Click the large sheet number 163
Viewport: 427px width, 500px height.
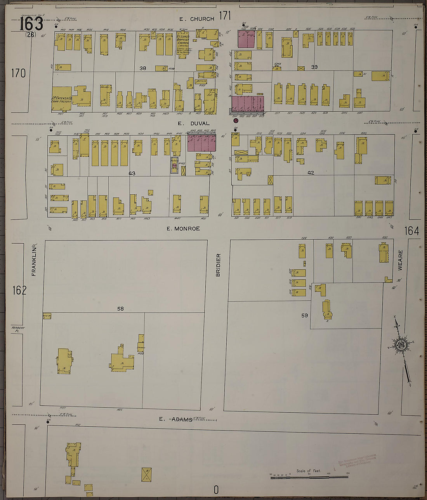(x=31, y=24)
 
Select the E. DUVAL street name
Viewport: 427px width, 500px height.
(x=193, y=123)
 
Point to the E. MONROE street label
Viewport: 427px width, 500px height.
(x=183, y=228)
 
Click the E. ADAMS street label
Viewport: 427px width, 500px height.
(x=176, y=419)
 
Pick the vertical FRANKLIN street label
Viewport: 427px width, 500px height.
(x=34, y=265)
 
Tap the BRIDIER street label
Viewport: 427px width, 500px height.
(x=218, y=265)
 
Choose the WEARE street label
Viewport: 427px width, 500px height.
(x=400, y=260)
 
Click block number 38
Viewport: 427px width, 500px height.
(x=143, y=68)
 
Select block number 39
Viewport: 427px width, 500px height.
(x=314, y=67)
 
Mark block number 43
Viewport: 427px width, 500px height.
(x=132, y=173)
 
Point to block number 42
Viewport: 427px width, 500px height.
(x=311, y=173)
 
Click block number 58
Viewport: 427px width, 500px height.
(x=120, y=309)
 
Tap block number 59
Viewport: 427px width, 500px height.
(x=305, y=315)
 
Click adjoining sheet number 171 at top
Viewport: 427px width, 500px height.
(x=225, y=16)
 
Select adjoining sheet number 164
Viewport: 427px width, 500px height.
(x=411, y=231)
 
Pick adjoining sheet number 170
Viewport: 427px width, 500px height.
(x=18, y=73)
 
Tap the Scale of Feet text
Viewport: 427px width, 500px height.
(x=309, y=471)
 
